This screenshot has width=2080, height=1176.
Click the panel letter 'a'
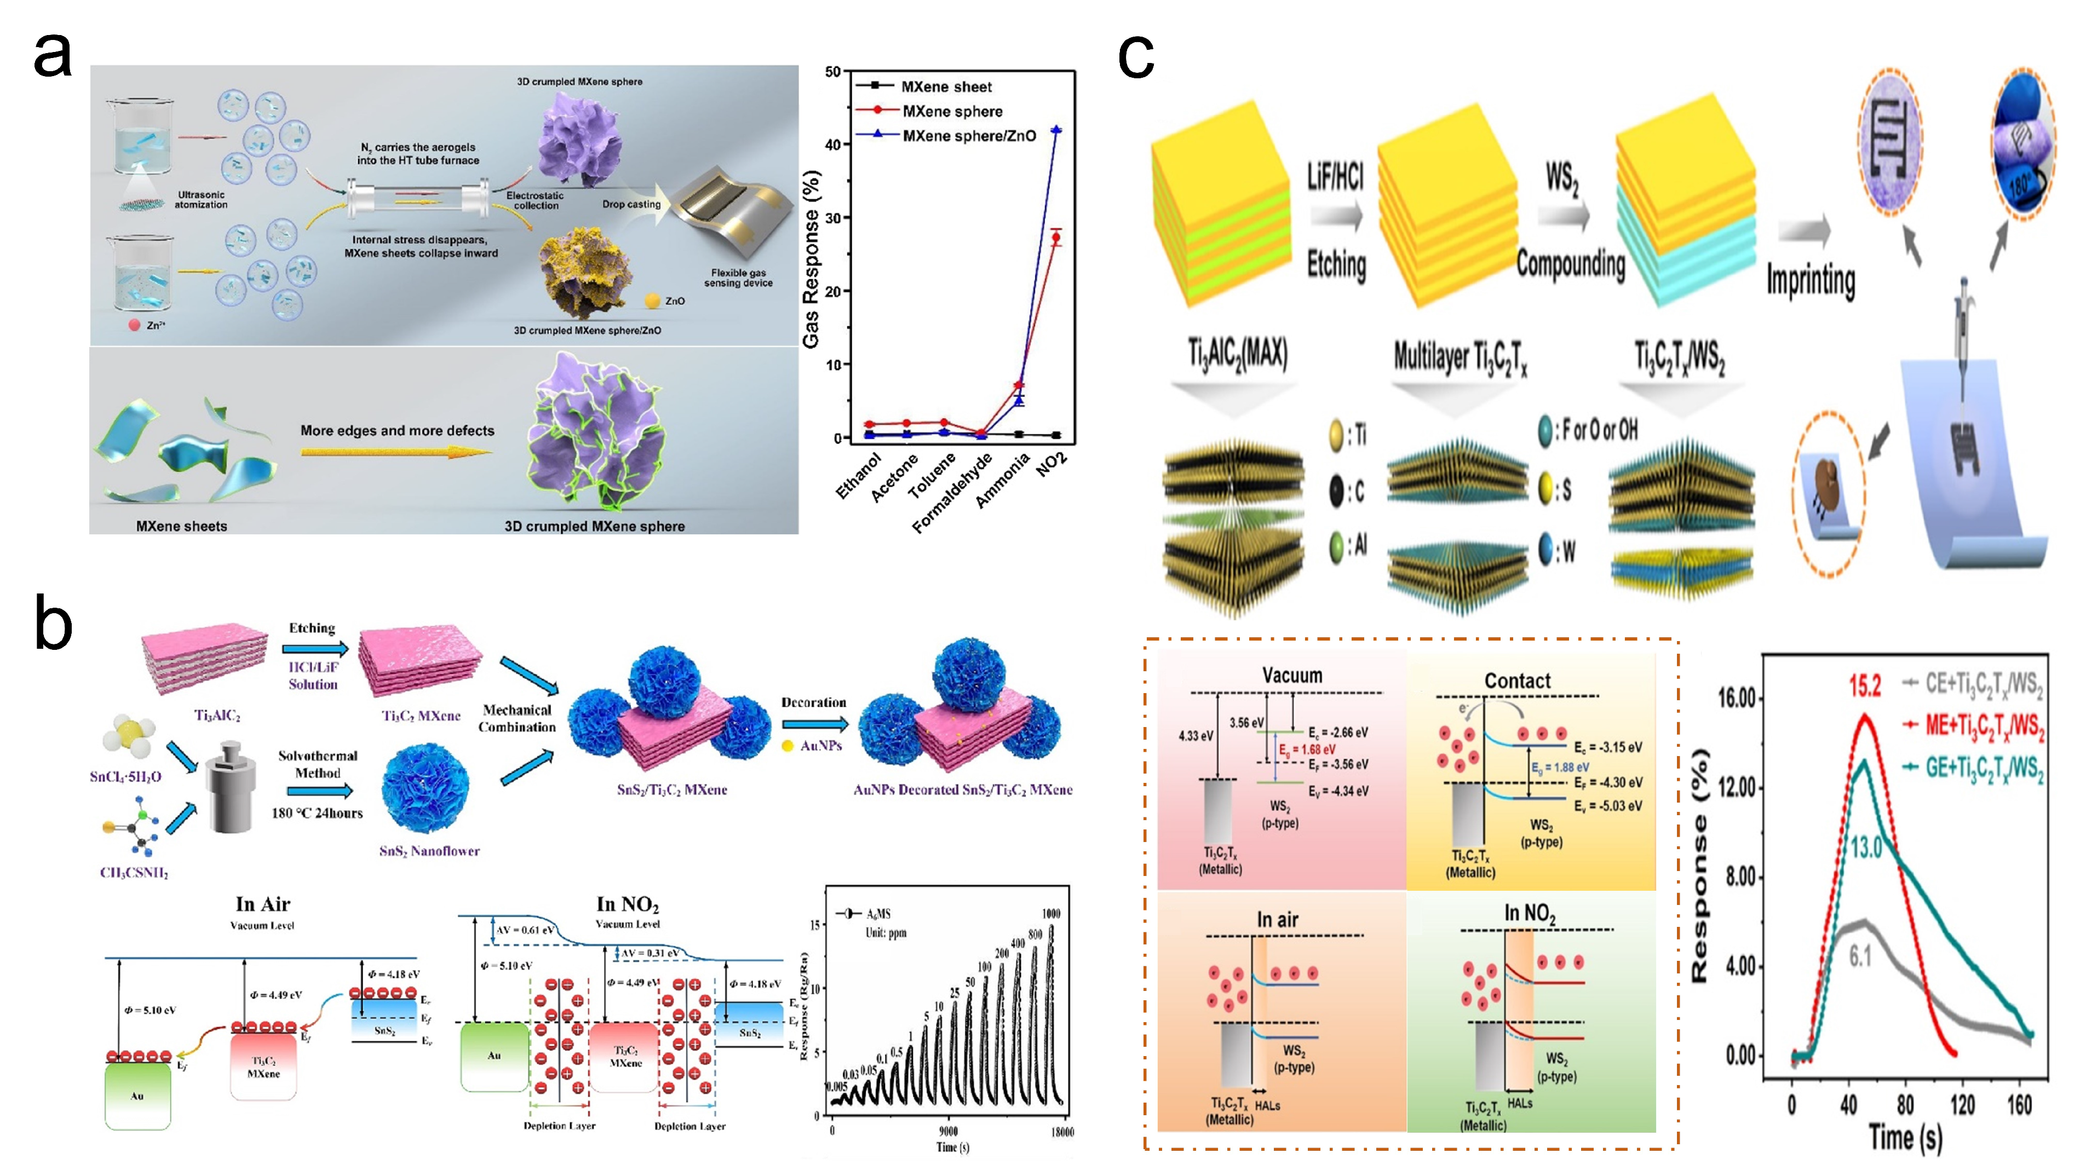53,56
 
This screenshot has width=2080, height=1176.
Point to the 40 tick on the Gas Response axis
832,145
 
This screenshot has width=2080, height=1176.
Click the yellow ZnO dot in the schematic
652,301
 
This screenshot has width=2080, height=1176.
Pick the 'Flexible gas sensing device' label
738,278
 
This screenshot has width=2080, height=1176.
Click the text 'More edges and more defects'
397,430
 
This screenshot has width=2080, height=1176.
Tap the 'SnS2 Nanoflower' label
429,850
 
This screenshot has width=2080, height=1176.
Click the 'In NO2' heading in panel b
627,904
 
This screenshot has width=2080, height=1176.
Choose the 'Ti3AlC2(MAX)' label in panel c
1237,355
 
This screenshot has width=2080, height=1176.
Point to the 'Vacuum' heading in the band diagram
1291,675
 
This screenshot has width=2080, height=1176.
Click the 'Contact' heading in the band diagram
1517,681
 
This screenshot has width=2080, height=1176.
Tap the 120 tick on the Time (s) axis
1962,1104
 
